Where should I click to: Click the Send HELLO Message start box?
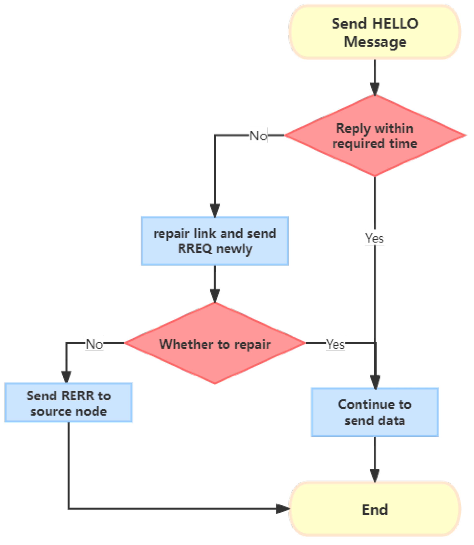tap(374, 32)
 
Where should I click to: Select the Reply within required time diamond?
tap(374, 135)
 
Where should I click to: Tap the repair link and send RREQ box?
tap(215, 241)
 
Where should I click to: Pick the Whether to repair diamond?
tap(215, 343)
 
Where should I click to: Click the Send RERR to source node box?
tap(68, 403)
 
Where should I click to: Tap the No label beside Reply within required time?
tap(258, 136)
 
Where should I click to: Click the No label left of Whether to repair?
tap(94, 343)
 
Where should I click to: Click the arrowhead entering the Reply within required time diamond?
tap(374, 89)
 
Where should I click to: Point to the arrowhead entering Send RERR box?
tap(66, 377)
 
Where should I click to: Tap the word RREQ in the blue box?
tap(195, 249)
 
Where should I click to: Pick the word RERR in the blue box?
tap(77, 396)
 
